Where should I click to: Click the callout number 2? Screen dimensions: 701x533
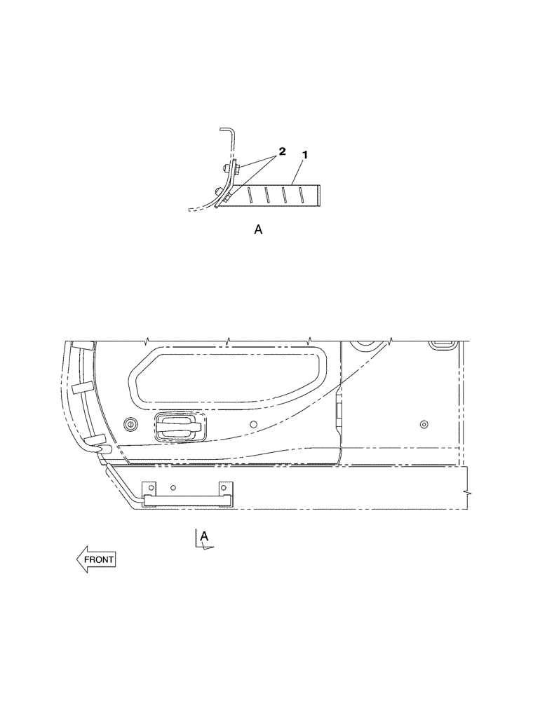[282, 151]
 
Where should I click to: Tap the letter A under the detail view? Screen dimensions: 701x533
[258, 229]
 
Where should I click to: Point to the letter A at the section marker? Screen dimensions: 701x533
[204, 536]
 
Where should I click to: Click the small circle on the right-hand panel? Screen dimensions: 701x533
[424, 425]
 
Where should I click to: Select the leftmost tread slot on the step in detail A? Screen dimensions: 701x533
[247, 194]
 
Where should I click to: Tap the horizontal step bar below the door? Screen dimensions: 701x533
[186, 500]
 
